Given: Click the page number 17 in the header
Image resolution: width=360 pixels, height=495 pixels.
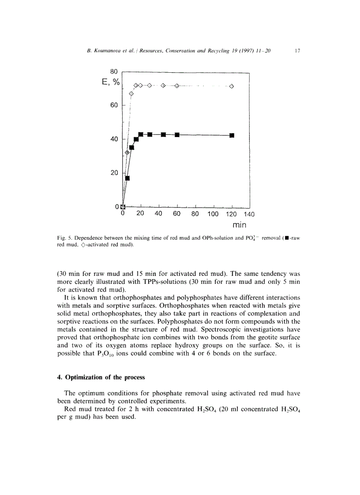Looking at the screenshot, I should [x=297, y=51].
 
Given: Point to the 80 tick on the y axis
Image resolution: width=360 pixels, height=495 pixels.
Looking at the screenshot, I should [x=114, y=71].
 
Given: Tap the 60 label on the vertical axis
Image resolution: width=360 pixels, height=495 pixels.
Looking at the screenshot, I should [x=114, y=105].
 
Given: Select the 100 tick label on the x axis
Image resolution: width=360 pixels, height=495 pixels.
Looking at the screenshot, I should [x=213, y=214].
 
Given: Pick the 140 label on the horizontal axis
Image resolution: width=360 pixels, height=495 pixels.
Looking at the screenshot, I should [x=249, y=214].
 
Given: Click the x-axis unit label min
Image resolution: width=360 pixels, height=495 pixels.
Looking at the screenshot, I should [x=239, y=225].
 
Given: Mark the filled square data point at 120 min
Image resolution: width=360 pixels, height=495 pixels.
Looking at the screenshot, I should [x=232, y=135].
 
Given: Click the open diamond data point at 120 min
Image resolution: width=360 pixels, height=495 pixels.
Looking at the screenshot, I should [x=232, y=86].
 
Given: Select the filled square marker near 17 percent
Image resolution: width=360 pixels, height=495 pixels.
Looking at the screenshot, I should [x=127, y=178].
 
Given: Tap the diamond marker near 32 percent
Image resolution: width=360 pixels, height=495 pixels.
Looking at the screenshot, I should [x=127, y=153].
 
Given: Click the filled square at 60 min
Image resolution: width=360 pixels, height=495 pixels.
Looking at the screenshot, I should [x=177, y=134].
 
